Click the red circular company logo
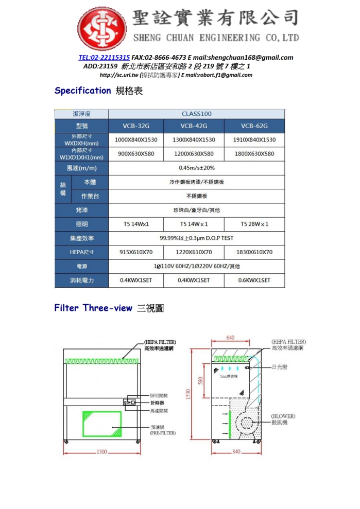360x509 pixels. tap(103, 29)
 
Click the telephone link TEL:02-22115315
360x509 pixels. tap(104, 58)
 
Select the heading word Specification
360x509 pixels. tap(82, 91)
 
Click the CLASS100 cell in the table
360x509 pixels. tap(196, 114)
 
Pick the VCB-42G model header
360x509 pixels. tap(194, 126)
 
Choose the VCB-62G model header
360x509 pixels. tap(254, 126)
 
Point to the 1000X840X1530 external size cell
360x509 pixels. tap(136, 140)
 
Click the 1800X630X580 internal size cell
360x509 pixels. tap(254, 154)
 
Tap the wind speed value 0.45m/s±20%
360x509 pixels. tap(196, 168)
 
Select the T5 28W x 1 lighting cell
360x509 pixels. tap(254, 224)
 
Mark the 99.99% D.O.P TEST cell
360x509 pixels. tap(196, 238)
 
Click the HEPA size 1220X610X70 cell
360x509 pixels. tap(194, 252)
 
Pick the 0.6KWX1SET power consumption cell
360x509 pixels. tap(254, 280)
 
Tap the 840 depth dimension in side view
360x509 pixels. tap(236, 451)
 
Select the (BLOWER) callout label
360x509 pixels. tap(283, 416)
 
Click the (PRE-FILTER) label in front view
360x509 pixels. tap(163, 433)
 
